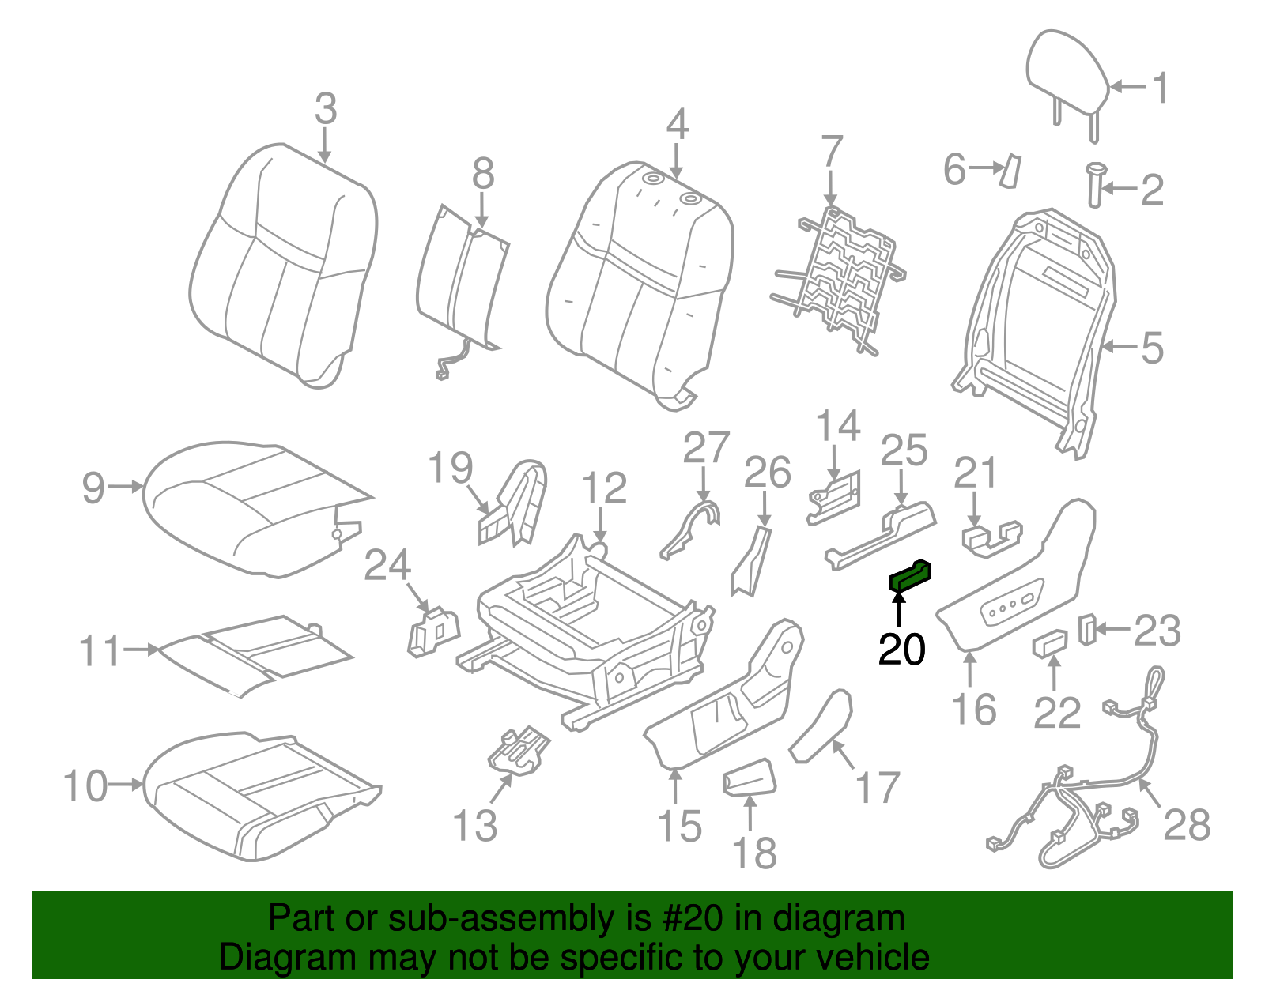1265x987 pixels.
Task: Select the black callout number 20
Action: [x=901, y=650]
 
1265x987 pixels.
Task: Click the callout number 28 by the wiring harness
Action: [x=1187, y=825]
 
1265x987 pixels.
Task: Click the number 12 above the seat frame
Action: [x=604, y=488]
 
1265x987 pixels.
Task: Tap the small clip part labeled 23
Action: [x=1088, y=628]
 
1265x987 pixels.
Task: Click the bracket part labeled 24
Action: [x=432, y=631]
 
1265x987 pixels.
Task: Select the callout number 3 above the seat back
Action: [x=325, y=109]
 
